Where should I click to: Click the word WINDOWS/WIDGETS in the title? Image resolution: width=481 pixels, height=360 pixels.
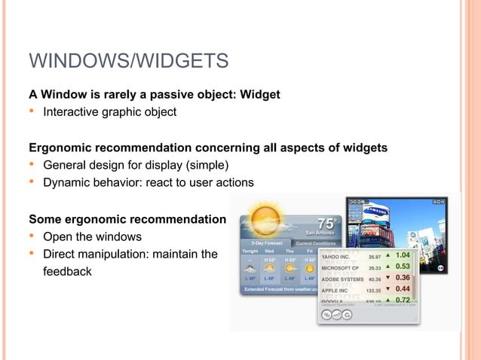point(128,60)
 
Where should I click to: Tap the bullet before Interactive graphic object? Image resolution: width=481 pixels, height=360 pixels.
point(32,112)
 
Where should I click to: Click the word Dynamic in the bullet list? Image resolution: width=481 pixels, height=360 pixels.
point(67,182)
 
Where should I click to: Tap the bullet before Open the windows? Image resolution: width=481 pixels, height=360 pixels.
point(32,236)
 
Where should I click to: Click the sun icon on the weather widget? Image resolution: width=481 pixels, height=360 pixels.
point(267,218)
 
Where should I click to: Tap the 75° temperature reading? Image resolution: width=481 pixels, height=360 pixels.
point(328,224)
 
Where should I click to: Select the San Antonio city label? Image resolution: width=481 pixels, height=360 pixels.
point(320,233)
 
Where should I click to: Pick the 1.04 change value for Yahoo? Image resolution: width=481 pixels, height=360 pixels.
point(403,255)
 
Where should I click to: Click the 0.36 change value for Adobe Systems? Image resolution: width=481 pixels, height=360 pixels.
point(403,277)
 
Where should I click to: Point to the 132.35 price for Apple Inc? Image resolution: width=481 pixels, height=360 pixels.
point(373,289)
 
